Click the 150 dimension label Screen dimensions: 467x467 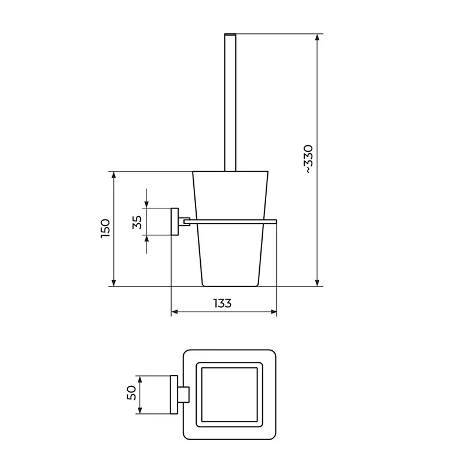tap(105, 228)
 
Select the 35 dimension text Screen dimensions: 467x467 tap(137, 222)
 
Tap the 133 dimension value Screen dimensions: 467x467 tap(222, 303)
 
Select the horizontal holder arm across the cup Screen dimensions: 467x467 tap(233, 221)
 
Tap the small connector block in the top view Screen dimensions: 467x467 tap(184, 394)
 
